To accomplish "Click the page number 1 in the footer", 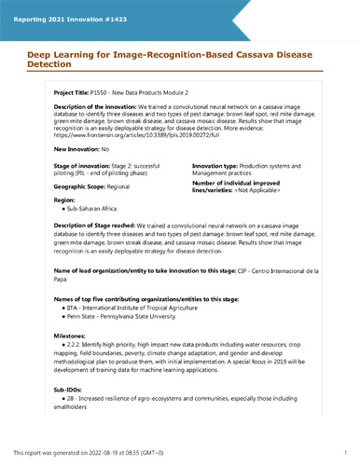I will pos(344,453).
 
